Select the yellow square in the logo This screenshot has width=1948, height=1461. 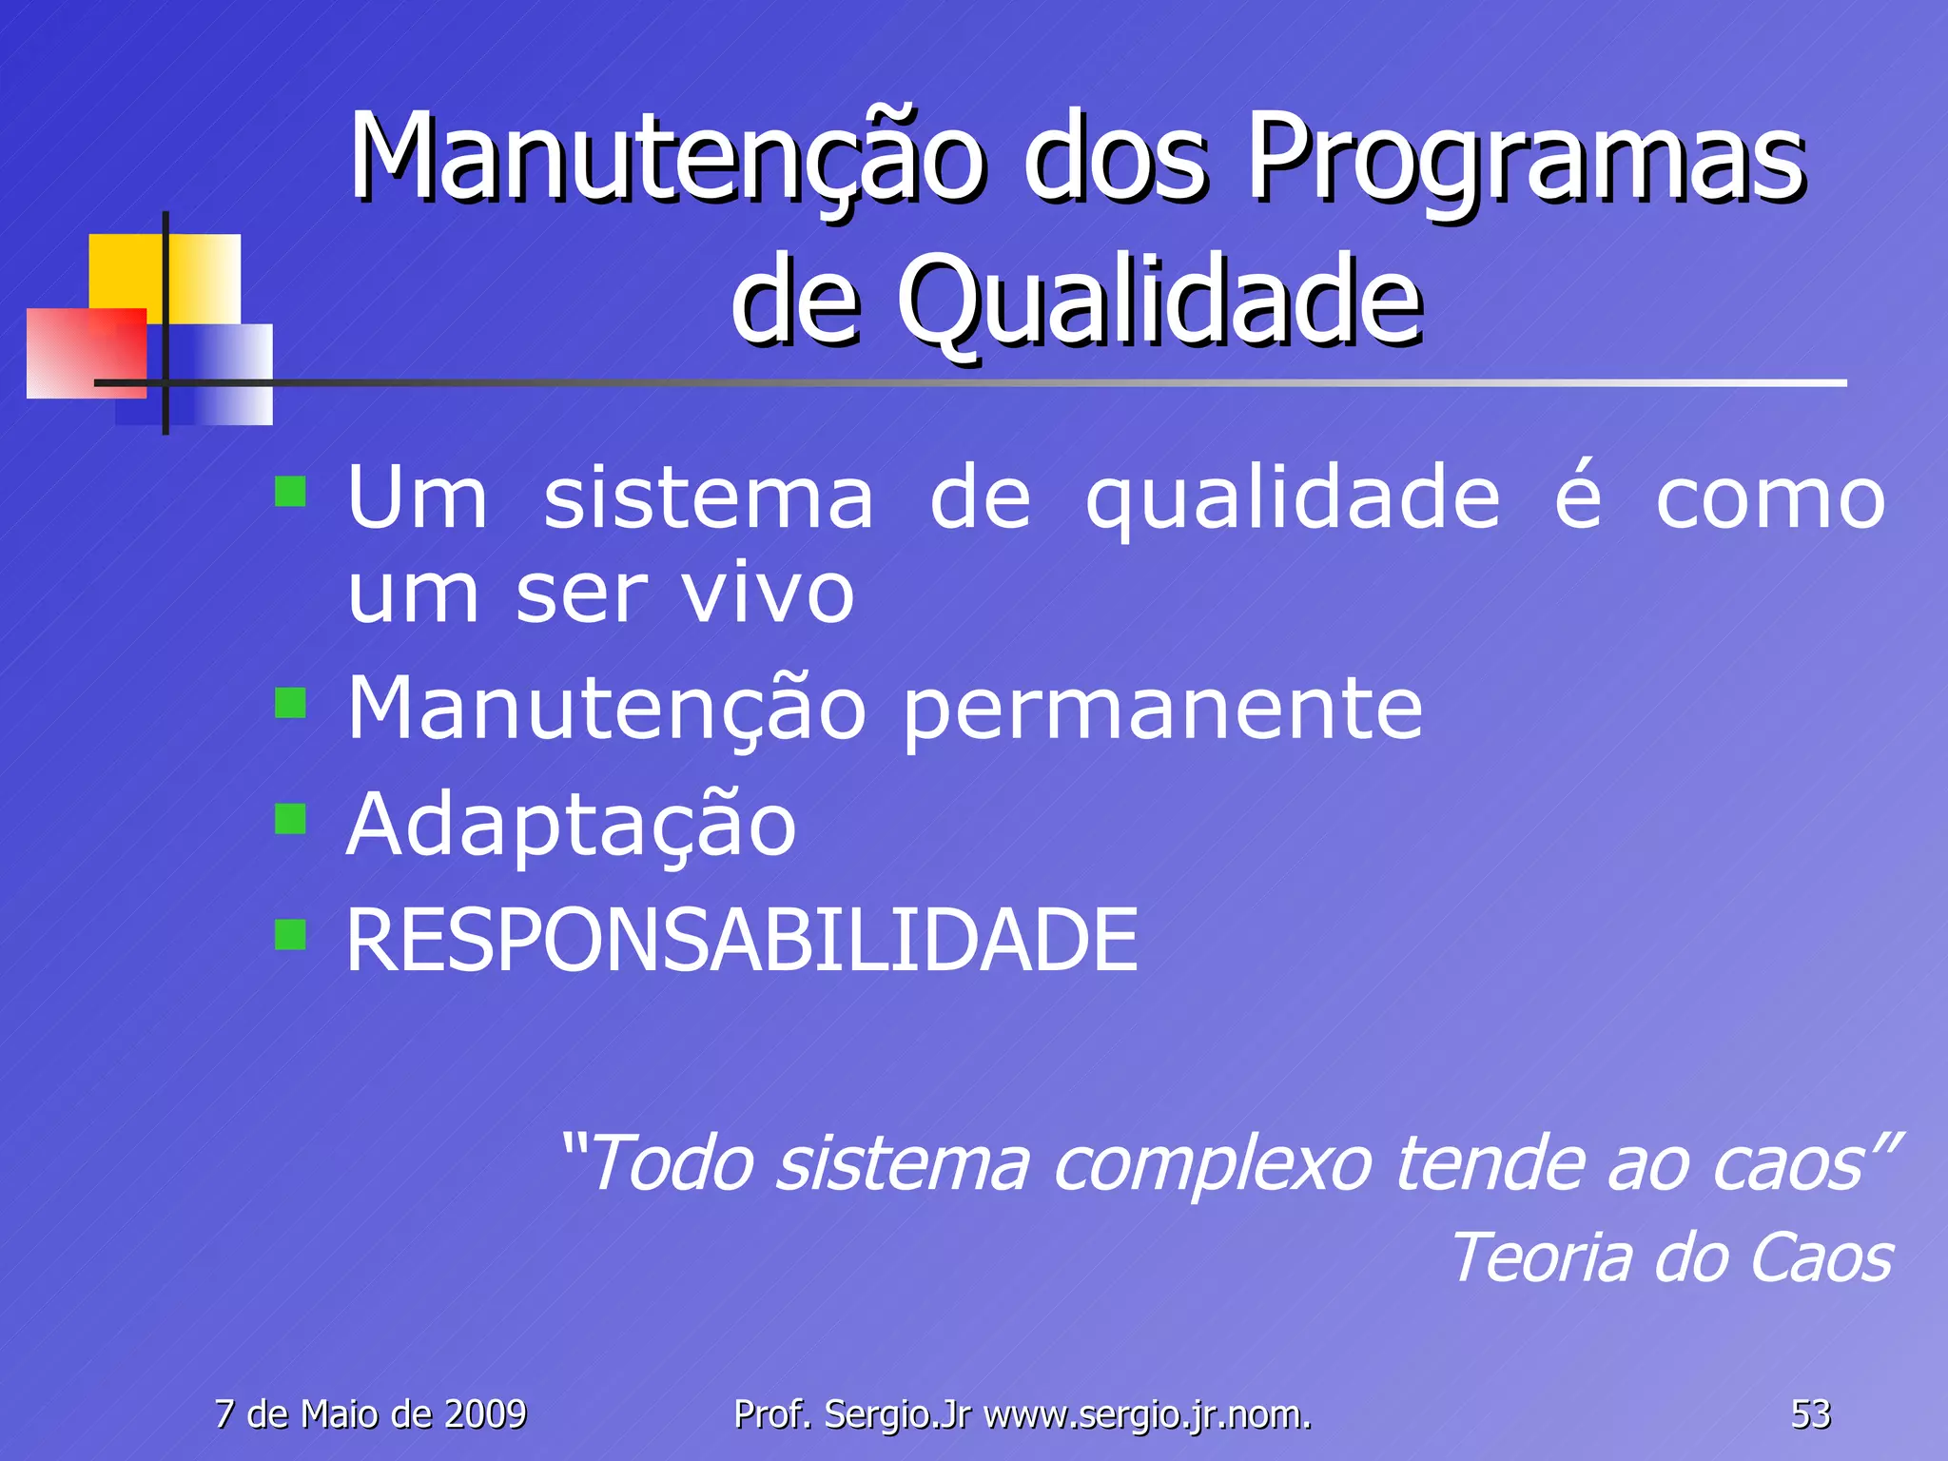coord(128,271)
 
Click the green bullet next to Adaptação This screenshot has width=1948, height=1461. coord(290,818)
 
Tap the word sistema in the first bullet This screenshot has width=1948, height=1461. coord(709,499)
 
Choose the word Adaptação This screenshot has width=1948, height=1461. coord(571,826)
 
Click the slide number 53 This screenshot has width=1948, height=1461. coord(1810,1414)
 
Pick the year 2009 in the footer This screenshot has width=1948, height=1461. coord(485,1414)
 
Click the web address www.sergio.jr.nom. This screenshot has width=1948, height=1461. coord(1147,1414)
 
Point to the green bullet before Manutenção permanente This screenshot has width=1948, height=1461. coord(290,704)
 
